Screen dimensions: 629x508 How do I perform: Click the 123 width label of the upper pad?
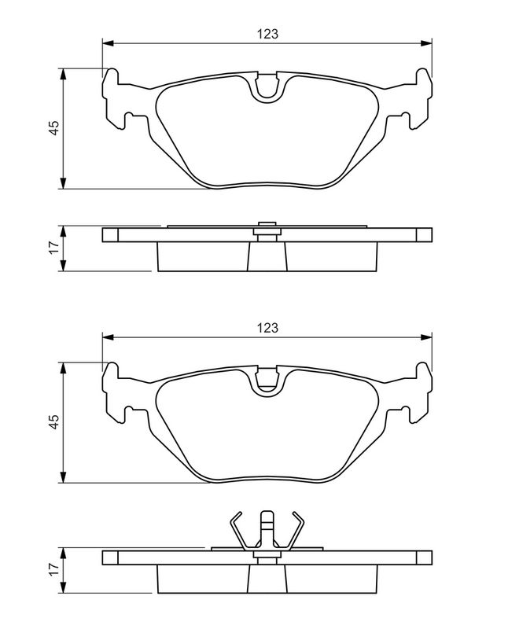click(267, 34)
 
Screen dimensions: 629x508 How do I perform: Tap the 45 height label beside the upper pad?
click(53, 129)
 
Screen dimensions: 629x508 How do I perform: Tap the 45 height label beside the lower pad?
click(53, 422)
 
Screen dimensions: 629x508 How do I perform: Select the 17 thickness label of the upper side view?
click(53, 248)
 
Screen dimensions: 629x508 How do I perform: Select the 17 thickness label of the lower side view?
click(53, 568)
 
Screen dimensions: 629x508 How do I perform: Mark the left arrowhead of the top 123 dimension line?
click(107, 42)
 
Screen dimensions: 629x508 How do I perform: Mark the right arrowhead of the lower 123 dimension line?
click(427, 337)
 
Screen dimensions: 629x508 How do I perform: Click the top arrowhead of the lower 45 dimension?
click(63, 367)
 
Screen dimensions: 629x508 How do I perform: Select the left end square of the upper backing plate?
click(110, 234)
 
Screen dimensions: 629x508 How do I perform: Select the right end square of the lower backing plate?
click(424, 557)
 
